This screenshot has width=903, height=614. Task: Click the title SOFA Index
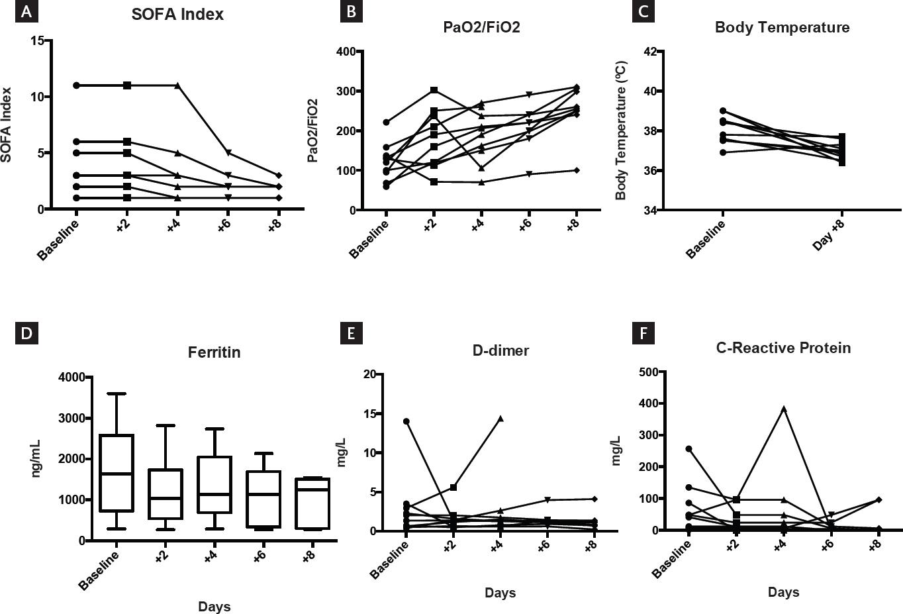(x=177, y=14)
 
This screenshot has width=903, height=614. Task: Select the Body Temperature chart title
(x=782, y=28)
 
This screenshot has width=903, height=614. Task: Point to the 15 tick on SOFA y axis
(x=37, y=40)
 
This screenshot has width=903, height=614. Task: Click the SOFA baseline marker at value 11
(x=77, y=85)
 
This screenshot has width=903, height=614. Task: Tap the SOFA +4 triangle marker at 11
(x=177, y=85)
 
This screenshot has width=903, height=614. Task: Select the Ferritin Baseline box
(x=117, y=473)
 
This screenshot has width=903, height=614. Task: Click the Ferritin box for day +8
(x=309, y=503)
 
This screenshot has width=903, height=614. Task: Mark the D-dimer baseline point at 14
(x=406, y=421)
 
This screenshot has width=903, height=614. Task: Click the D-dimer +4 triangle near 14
(x=500, y=419)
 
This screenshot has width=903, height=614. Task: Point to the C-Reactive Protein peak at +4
(x=784, y=409)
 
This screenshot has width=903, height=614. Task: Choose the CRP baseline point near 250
(x=689, y=449)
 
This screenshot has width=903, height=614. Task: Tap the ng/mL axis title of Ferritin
(x=38, y=458)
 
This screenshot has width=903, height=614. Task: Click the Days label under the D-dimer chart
(x=500, y=593)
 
